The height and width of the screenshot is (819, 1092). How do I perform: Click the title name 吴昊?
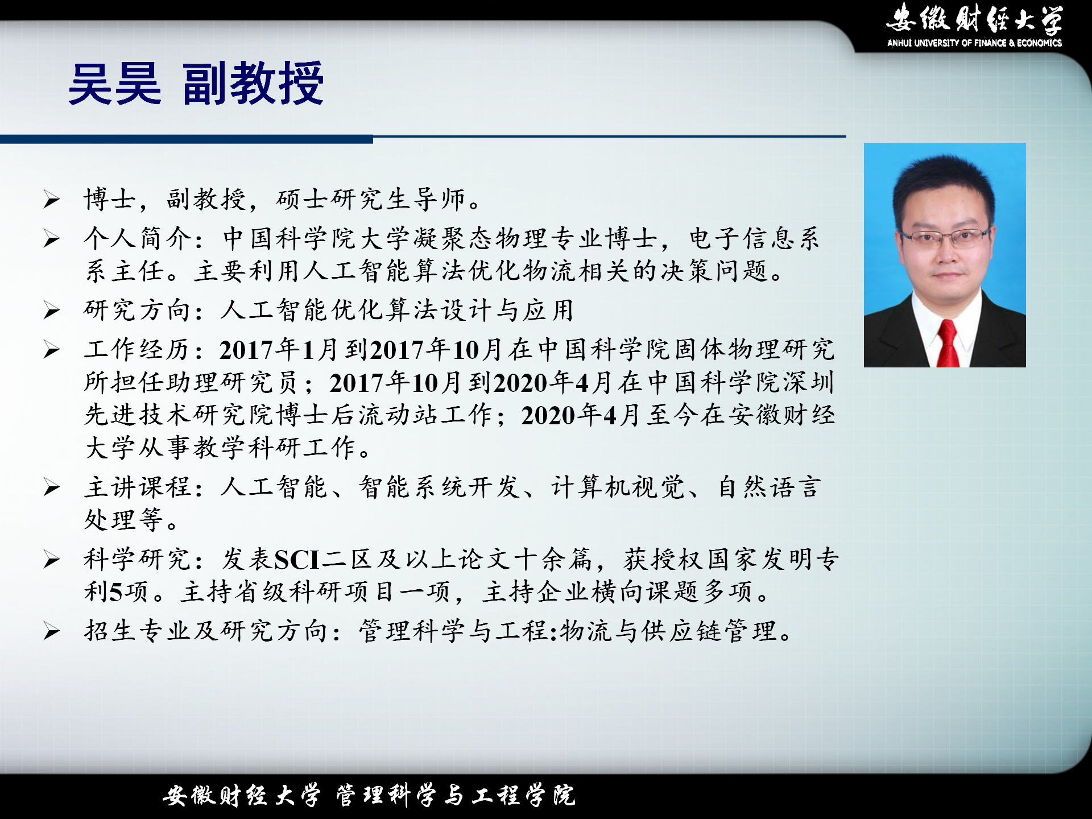point(115,84)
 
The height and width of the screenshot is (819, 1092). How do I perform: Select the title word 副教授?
point(253,84)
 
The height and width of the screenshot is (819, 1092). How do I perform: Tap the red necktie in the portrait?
point(948,343)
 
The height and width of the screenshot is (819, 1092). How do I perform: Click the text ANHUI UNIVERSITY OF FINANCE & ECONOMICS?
point(974,43)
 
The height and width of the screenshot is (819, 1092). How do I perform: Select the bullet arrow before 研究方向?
point(52,311)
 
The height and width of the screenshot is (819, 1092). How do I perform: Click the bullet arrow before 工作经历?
point(52,350)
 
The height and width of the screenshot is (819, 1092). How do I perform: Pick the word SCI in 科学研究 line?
point(297,560)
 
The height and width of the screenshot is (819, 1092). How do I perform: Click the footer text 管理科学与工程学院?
point(456,795)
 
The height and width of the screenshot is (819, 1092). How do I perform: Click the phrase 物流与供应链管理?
point(668,631)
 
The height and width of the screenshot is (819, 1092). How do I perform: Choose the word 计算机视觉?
point(618,487)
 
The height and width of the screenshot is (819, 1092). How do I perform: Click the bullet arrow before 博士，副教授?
point(52,200)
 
